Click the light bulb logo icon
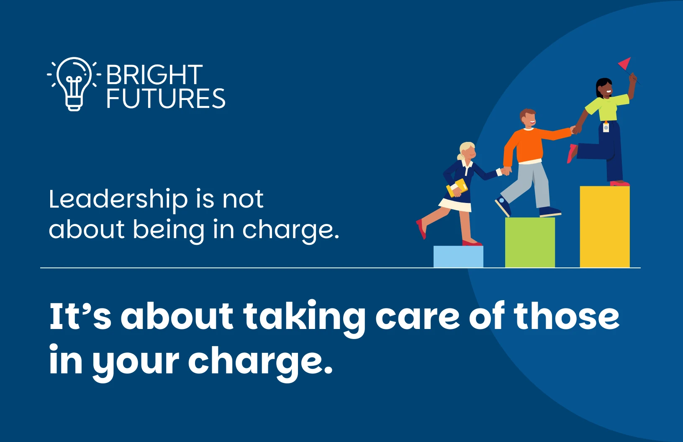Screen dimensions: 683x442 74,84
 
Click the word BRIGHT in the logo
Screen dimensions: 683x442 154,75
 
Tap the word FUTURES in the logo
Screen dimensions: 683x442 166,98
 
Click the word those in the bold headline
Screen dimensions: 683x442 567,316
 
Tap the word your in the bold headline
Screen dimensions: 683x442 135,363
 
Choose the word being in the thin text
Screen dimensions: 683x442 169,230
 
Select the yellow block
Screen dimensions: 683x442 605,226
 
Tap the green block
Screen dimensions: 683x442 530,242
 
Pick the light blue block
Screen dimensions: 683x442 458,257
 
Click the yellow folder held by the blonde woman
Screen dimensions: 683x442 457,187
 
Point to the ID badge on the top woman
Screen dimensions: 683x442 606,128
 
